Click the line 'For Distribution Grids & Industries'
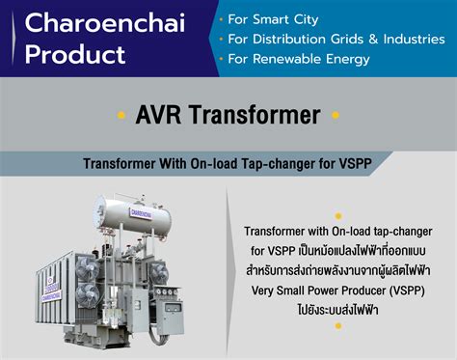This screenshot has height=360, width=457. [332, 39]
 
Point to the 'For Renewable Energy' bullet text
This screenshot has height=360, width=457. [299, 59]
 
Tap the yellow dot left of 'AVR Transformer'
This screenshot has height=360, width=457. [121, 117]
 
